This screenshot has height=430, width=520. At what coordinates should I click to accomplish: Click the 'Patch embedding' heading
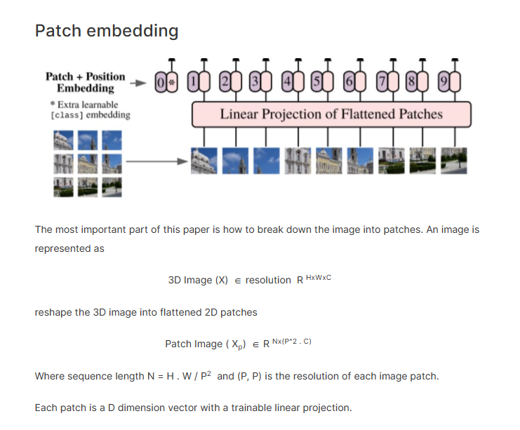click(107, 31)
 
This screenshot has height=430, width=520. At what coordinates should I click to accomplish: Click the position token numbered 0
click(161, 83)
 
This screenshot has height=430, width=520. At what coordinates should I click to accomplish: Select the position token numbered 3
click(256, 83)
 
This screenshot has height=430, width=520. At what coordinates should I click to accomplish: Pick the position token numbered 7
click(381, 83)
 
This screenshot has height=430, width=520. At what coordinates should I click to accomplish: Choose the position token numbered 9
click(442, 83)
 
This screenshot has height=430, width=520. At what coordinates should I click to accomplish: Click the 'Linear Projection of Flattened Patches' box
click(331, 114)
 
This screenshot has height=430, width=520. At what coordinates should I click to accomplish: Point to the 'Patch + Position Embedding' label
click(86, 82)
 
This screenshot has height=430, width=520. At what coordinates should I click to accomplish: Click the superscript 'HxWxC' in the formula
click(319, 278)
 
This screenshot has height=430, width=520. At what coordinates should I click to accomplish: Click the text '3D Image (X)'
click(198, 280)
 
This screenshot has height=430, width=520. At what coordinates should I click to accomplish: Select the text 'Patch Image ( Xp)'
click(206, 344)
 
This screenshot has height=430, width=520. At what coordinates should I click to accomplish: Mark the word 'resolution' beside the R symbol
click(268, 280)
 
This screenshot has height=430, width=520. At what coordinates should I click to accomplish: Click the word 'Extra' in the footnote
click(70, 105)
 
